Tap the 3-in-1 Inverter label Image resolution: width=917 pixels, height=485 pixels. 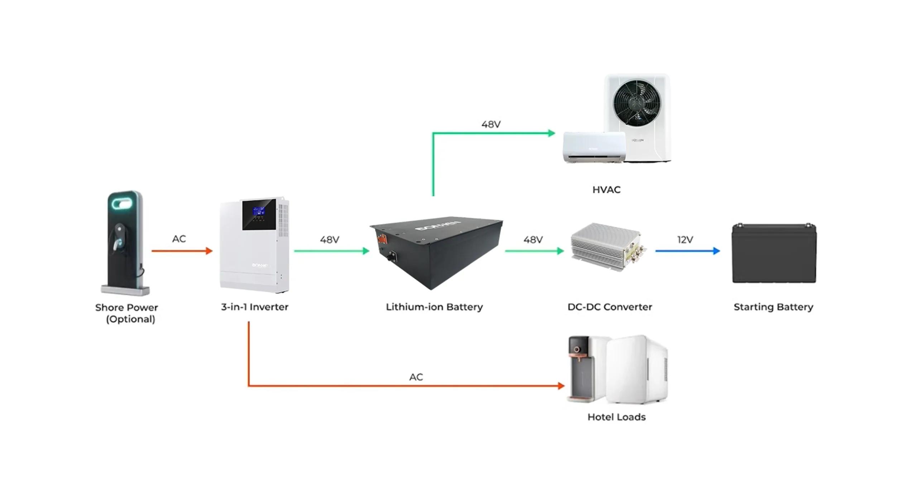[255, 307]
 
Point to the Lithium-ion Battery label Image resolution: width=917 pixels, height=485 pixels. [434, 307]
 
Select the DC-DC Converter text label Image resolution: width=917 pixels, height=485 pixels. [610, 307]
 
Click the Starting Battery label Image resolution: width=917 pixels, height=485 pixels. [773, 307]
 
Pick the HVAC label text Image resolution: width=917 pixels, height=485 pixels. [606, 190]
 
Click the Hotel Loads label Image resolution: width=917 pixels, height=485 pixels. [616, 417]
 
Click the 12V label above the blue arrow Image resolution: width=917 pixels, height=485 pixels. [685, 239]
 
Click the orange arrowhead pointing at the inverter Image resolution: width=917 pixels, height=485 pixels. [209, 251]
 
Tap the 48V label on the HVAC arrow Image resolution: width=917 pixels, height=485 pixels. [491, 124]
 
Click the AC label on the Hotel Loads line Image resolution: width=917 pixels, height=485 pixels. [416, 377]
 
